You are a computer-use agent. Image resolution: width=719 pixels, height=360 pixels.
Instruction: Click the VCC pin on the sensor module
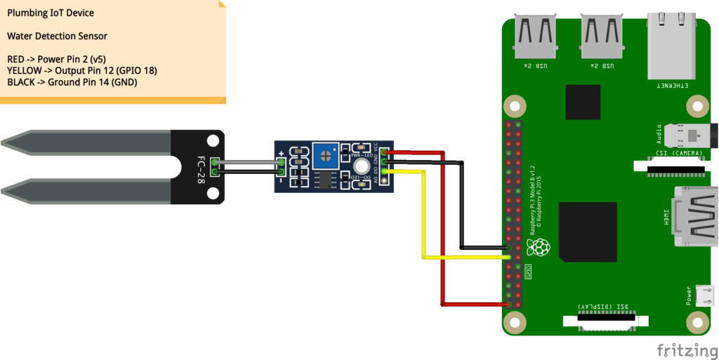pyautogui.click(x=383, y=151)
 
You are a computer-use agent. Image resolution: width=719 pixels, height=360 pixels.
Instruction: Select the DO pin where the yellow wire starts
pyautogui.click(x=383, y=171)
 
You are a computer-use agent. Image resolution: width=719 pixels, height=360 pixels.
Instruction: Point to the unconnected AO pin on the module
pyautogui.click(x=383, y=180)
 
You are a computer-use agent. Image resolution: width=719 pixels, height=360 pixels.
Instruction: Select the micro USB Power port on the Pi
pyautogui.click(x=704, y=295)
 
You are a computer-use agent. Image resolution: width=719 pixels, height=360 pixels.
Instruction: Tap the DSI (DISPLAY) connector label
pyautogui.click(x=600, y=307)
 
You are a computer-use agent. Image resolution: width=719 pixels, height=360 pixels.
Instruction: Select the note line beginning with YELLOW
pyautogui.click(x=81, y=71)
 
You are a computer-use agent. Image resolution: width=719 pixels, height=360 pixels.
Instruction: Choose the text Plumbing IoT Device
pyautogui.click(x=50, y=13)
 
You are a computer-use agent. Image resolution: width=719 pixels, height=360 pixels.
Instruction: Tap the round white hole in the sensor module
pyautogui.click(x=362, y=166)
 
